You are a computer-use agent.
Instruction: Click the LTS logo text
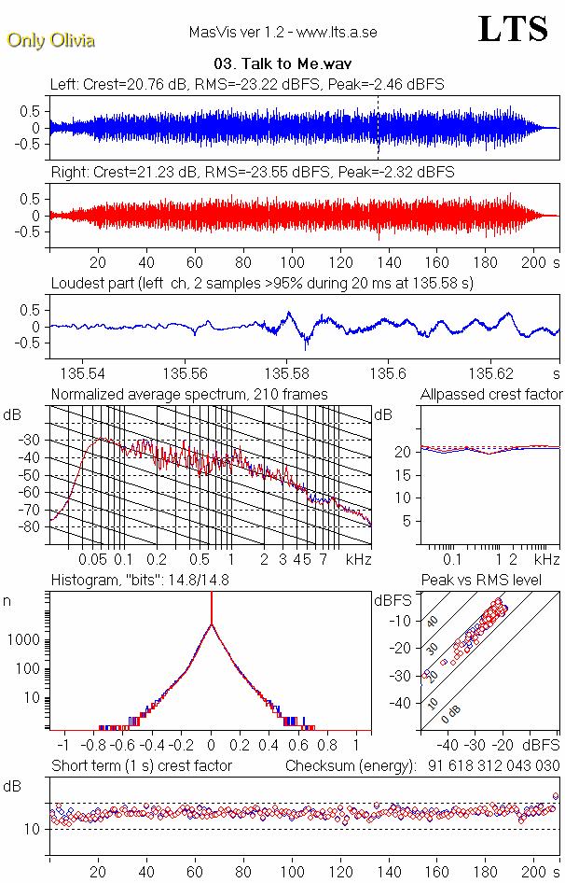click(513, 29)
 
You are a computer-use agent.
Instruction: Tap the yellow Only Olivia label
click(51, 40)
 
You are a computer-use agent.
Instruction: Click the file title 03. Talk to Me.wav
click(282, 65)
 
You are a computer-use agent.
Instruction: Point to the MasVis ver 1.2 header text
click(282, 33)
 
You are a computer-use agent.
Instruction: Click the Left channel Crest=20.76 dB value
click(136, 84)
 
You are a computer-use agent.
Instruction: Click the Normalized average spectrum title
click(189, 395)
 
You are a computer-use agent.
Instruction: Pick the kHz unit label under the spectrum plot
click(359, 559)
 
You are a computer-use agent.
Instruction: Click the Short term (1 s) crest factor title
click(142, 766)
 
